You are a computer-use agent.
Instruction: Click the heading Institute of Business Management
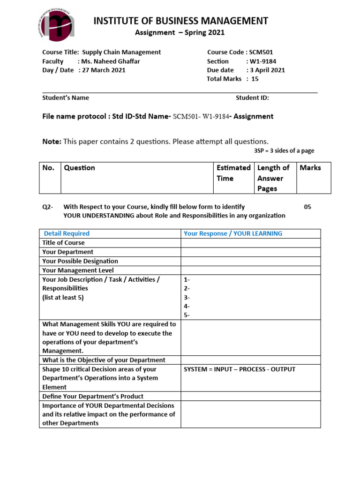tap(181, 21)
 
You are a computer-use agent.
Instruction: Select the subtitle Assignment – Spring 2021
tap(180, 32)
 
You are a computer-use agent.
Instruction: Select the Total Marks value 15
tap(255, 79)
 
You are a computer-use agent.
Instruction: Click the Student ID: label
tap(252, 97)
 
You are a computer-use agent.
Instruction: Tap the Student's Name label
tap(66, 97)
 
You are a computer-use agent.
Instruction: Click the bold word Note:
tap(52, 141)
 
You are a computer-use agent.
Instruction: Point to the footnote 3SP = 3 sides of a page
tap(280, 150)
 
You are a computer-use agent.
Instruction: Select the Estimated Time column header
tap(233, 172)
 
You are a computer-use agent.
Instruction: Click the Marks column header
tap(310, 167)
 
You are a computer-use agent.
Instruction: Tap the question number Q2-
tap(48, 207)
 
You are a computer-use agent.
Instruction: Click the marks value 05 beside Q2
tap(307, 207)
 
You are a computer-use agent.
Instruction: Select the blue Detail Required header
tap(67, 233)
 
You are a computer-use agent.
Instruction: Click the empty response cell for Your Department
tap(250, 252)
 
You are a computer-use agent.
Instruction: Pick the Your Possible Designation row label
tap(80, 261)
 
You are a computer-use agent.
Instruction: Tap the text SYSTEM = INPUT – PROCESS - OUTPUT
tap(240, 369)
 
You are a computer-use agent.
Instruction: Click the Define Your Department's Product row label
tap(93, 396)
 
